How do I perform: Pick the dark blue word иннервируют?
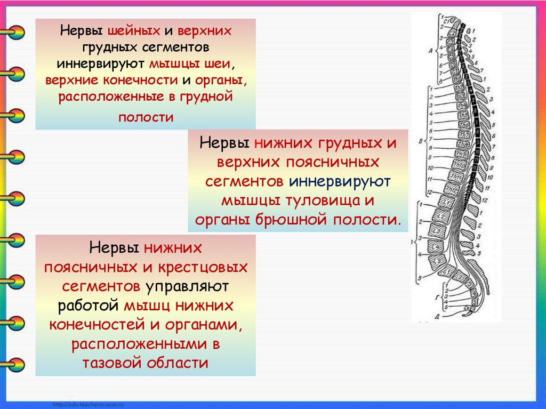340,181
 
